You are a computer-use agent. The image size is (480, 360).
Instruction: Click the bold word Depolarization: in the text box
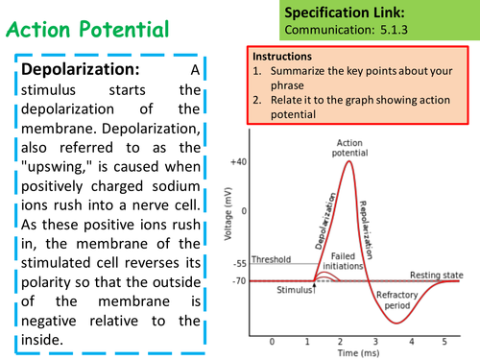(x=80, y=70)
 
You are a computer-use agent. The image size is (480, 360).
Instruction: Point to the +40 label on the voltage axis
(x=238, y=162)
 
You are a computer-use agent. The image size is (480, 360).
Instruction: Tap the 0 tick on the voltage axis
(x=244, y=210)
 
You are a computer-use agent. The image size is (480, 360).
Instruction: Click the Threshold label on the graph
(x=272, y=258)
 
